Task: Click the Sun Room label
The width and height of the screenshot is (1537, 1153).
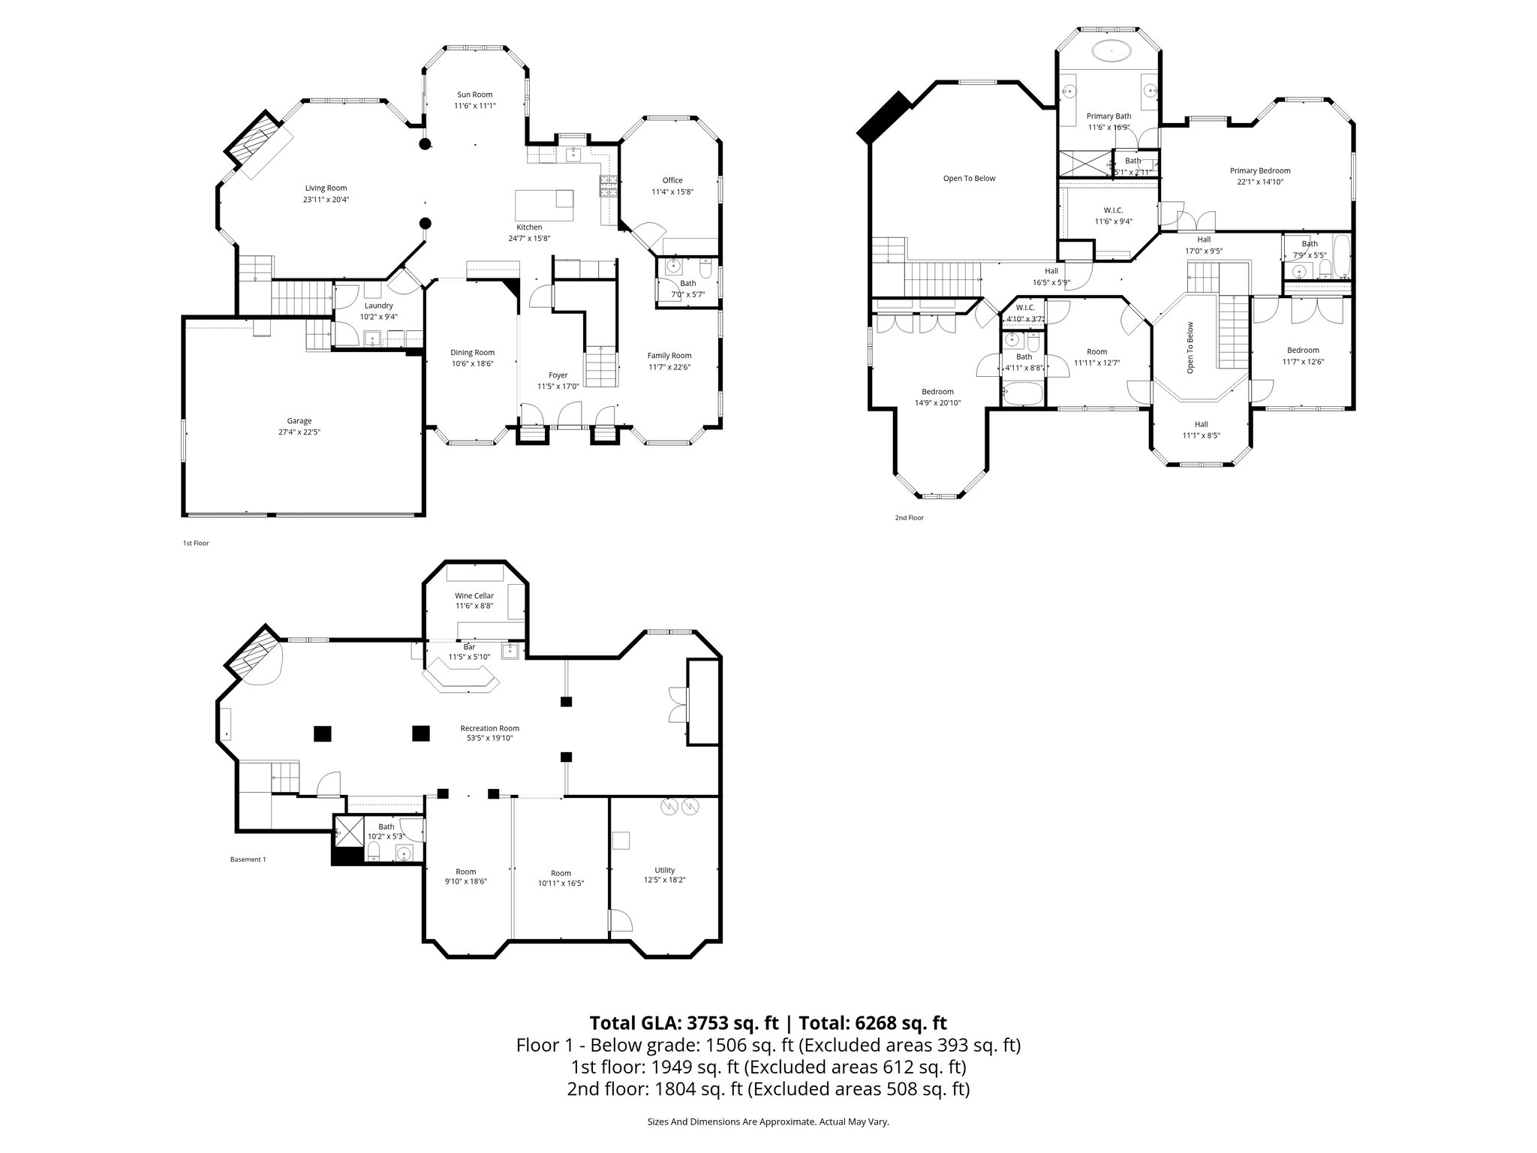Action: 474,95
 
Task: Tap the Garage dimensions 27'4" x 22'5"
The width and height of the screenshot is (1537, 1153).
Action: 299,432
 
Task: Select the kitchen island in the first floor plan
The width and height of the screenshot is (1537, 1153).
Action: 543,203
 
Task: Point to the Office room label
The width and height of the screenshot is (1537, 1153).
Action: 672,180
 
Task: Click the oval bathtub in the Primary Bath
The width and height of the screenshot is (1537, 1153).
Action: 1111,52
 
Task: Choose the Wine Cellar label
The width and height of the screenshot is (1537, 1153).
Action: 474,595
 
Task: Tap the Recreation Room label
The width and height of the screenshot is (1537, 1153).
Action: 489,728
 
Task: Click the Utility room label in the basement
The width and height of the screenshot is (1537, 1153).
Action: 664,870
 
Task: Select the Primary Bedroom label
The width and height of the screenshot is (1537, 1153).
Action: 1259,170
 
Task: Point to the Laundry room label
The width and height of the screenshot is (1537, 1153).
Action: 378,306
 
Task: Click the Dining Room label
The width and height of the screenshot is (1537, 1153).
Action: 472,353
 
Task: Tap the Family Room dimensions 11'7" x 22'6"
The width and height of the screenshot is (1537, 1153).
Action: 669,367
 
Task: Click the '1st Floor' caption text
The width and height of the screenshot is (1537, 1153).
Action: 196,543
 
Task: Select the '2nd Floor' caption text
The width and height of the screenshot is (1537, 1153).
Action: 909,517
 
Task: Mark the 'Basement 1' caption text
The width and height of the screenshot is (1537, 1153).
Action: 248,859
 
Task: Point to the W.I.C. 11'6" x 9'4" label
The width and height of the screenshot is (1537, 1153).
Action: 1113,210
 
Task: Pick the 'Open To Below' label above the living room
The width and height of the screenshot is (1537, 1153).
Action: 969,179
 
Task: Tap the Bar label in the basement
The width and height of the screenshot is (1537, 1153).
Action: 469,646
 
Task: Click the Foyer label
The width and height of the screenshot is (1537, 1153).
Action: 558,375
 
